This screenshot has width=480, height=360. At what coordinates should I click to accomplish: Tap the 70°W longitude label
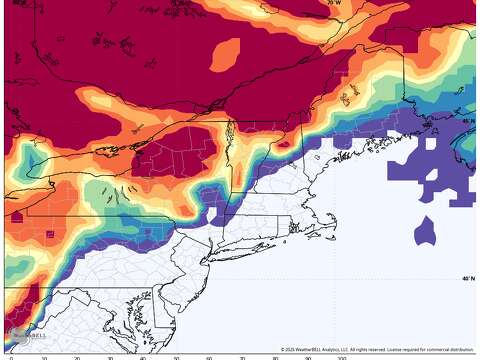(x=333, y=3)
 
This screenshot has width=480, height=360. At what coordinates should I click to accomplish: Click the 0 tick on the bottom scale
(x=11, y=357)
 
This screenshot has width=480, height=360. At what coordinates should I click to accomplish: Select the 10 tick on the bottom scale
(x=44, y=357)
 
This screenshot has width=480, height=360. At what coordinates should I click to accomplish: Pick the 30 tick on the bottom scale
(x=110, y=357)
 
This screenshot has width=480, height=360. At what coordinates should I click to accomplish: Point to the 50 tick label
(x=176, y=357)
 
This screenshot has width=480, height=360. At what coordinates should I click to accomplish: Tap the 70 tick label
(x=242, y=357)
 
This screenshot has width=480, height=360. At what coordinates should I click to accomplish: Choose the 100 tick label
(x=341, y=357)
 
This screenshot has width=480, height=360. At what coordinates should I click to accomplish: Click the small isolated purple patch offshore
(x=425, y=231)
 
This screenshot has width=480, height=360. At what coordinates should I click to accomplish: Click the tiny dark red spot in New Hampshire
(x=297, y=143)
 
